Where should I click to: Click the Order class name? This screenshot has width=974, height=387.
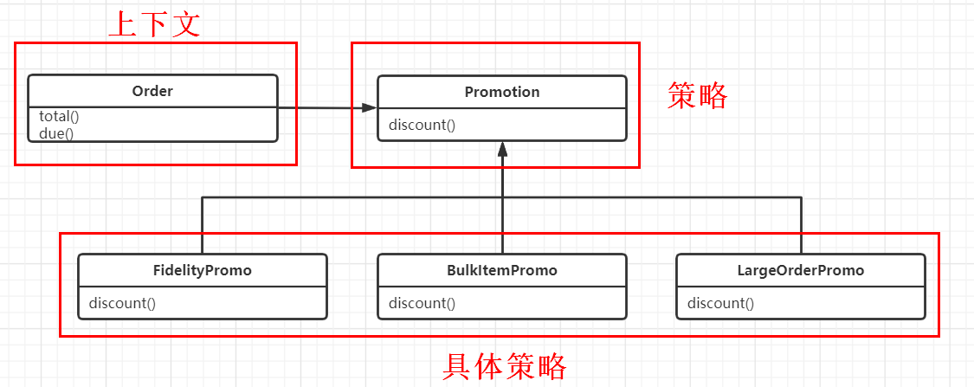coord(152,91)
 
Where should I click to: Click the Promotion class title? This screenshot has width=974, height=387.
coord(501,92)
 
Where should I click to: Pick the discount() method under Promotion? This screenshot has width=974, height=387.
coord(422,125)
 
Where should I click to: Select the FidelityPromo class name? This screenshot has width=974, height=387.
coord(202,270)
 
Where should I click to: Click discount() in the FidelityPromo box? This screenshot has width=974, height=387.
coord(122,303)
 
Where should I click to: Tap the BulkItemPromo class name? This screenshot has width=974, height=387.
coord(501,270)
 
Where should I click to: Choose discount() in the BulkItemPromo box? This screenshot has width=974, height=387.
coord(422,303)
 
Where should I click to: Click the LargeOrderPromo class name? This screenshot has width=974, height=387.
coord(800,270)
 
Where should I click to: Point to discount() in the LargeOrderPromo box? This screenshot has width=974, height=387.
coord(720,303)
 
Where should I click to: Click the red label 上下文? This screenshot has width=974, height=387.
coord(154,23)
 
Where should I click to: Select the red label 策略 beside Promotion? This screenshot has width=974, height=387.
coord(698,96)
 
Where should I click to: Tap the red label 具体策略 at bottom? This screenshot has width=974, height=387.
coord(504,367)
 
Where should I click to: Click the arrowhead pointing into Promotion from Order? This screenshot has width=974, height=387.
coord(370,107)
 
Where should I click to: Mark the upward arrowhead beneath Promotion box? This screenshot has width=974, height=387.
coord(501,150)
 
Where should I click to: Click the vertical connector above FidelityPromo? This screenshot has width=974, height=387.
coord(202,225)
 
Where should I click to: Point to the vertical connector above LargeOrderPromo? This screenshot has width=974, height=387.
coord(801,225)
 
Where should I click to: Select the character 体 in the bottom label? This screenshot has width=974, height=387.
coord(488,367)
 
